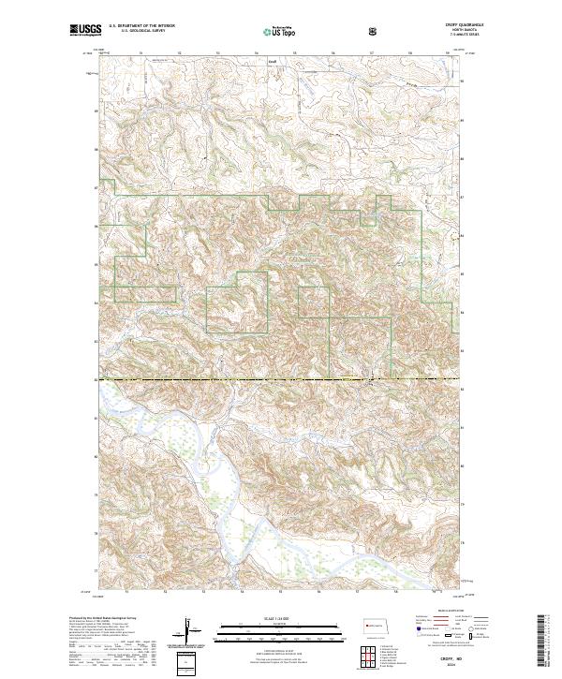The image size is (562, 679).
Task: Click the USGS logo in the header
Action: [x=85, y=31]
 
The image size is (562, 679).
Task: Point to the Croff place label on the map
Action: [x=273, y=64]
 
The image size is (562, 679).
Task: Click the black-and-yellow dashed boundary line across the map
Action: [x=281, y=379]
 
